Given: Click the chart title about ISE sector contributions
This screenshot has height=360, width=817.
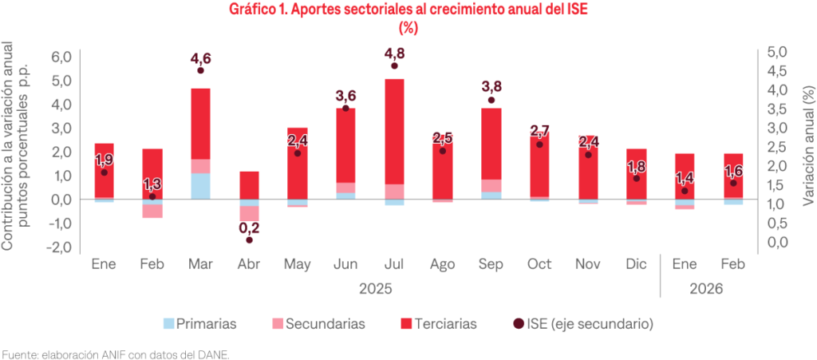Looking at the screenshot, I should [x=408, y=10].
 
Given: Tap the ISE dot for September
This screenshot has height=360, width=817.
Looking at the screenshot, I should [x=491, y=101].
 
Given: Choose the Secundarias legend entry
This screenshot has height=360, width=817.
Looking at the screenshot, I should [x=318, y=324].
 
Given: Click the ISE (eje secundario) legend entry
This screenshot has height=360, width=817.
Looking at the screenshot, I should [x=582, y=324].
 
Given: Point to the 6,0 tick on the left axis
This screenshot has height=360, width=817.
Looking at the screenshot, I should [x=61, y=57].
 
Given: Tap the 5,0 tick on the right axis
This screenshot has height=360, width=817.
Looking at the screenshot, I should [x=776, y=52].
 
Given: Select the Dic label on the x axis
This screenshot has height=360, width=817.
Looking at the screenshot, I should [x=636, y=264].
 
